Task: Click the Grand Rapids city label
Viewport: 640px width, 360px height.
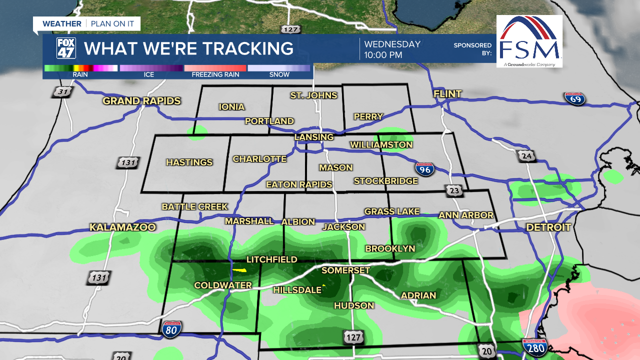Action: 141,101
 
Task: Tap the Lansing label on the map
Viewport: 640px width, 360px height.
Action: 314,137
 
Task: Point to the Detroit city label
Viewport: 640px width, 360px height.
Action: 548,227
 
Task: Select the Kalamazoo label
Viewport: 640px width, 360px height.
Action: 122,227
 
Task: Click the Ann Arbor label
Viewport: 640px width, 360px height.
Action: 466,215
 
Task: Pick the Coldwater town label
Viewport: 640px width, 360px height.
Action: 223,285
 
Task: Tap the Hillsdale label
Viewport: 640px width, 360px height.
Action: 297,290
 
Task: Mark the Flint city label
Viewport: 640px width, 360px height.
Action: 447,94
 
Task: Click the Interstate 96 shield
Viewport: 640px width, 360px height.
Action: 424,169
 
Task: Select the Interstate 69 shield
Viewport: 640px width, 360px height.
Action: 574,98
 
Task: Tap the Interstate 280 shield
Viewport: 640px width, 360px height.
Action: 534,346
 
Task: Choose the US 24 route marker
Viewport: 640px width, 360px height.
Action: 526,156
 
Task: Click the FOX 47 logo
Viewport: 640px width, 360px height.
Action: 66,48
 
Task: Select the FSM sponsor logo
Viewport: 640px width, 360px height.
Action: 529,41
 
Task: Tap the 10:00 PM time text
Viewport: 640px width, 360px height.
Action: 383,55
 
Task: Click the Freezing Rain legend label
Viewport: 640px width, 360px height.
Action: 215,74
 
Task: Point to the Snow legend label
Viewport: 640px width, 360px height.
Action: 279,74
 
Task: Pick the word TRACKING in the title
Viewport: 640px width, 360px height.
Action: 241,48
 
